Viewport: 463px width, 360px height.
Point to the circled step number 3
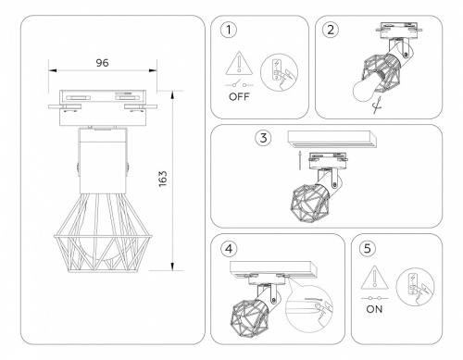click(x=264, y=138)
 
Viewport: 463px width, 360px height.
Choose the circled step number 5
click(x=369, y=247)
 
